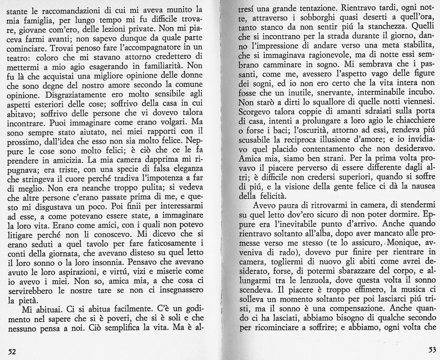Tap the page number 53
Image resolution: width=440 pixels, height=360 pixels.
432,350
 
